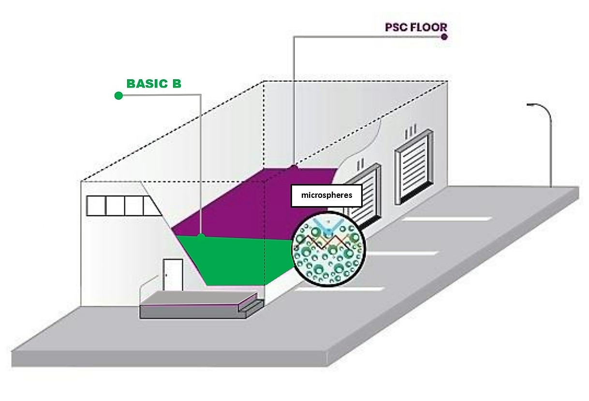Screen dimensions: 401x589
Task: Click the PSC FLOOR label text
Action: pyautogui.click(x=415, y=27)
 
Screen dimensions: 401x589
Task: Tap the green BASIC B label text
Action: pyautogui.click(x=154, y=84)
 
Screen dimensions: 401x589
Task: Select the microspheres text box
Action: pyautogui.click(x=326, y=195)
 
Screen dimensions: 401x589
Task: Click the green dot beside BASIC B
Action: pyautogui.click(x=118, y=96)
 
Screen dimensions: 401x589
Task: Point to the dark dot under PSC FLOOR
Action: pyautogui.click(x=444, y=37)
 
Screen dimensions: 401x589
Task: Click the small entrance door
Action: pyautogui.click(x=173, y=275)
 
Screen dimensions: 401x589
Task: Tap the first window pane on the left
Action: pyautogui.click(x=96, y=206)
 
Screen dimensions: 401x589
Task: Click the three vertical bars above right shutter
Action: pyautogui.click(x=411, y=131)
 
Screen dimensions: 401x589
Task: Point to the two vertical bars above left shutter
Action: pyautogui.click(x=360, y=163)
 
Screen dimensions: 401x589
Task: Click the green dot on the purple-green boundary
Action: pyautogui.click(x=201, y=237)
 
